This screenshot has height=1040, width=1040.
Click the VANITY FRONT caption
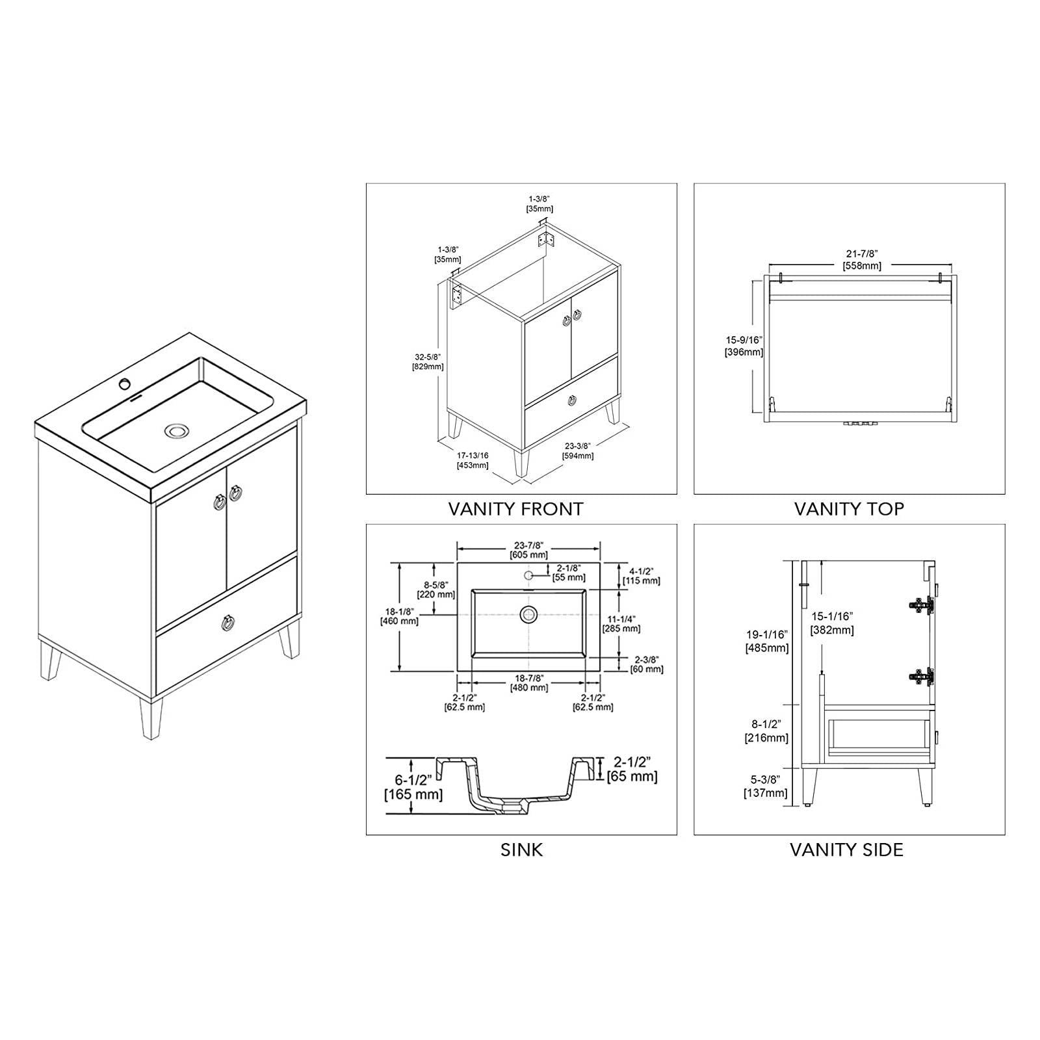tap(515, 508)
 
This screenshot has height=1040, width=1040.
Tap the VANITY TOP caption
tap(849, 508)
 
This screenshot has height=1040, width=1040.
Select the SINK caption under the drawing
tap(521, 850)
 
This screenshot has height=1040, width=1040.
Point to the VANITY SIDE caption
tap(846, 850)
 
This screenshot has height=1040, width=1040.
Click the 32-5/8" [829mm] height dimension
tap(428, 361)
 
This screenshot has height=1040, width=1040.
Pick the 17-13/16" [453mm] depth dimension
tap(473, 460)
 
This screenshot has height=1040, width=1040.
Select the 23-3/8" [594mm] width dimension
tap(578, 450)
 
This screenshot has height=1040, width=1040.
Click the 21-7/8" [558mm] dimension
tap(862, 261)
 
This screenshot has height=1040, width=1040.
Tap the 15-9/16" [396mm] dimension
tap(744, 346)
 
